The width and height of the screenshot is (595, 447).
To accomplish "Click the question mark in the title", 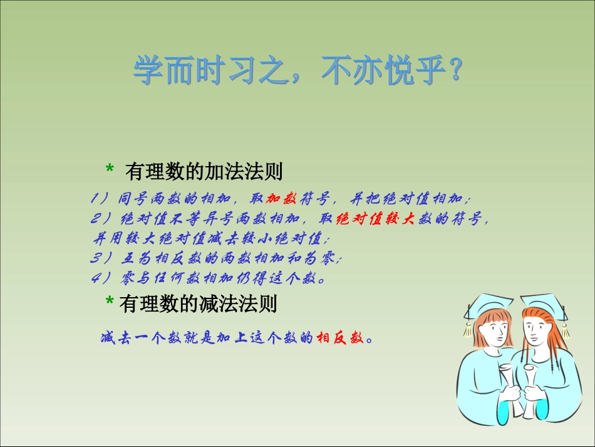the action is tap(455, 69).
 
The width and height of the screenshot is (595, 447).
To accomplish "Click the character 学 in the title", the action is tap(148, 70).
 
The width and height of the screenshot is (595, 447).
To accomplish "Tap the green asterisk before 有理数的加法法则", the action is tap(110, 169).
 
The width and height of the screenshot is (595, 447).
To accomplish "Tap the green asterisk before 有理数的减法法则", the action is tap(110, 301).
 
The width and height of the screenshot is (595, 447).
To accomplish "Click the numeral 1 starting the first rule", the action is tap(94, 198).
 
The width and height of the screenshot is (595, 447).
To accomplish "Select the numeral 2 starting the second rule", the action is tap(95, 218).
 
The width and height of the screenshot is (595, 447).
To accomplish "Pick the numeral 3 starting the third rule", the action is tap(95, 258).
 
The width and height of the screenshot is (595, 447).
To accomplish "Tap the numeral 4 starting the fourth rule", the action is tap(95, 278).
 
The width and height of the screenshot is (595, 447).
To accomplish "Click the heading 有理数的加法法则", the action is tap(204, 171).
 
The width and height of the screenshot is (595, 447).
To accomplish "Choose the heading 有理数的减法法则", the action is tap(198, 304).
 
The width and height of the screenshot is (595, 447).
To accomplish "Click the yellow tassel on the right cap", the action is tap(566, 330).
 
